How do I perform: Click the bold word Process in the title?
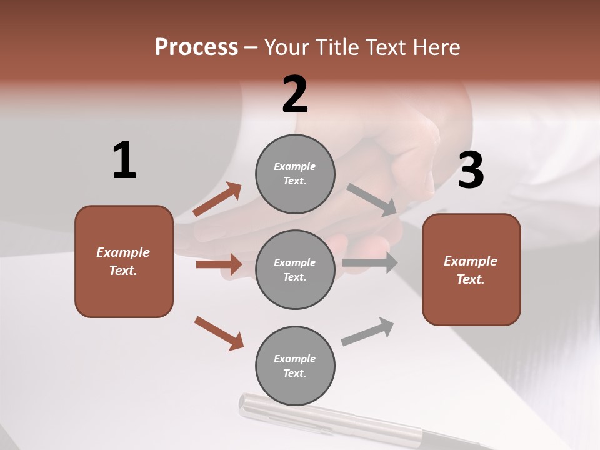pos(196,47)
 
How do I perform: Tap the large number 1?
pos(124,160)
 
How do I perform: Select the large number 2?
pos(295,94)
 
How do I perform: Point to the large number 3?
pos(471,170)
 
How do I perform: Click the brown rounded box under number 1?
pos(124,261)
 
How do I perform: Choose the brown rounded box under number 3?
pos(471,269)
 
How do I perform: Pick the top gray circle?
pos(295,174)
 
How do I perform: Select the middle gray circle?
pos(295,270)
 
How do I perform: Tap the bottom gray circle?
pos(295,366)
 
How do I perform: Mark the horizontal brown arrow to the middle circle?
pos(219,264)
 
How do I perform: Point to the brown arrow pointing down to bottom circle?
pos(219,333)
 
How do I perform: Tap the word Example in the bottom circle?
pos(294,359)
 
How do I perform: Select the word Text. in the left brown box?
pos(123,271)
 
